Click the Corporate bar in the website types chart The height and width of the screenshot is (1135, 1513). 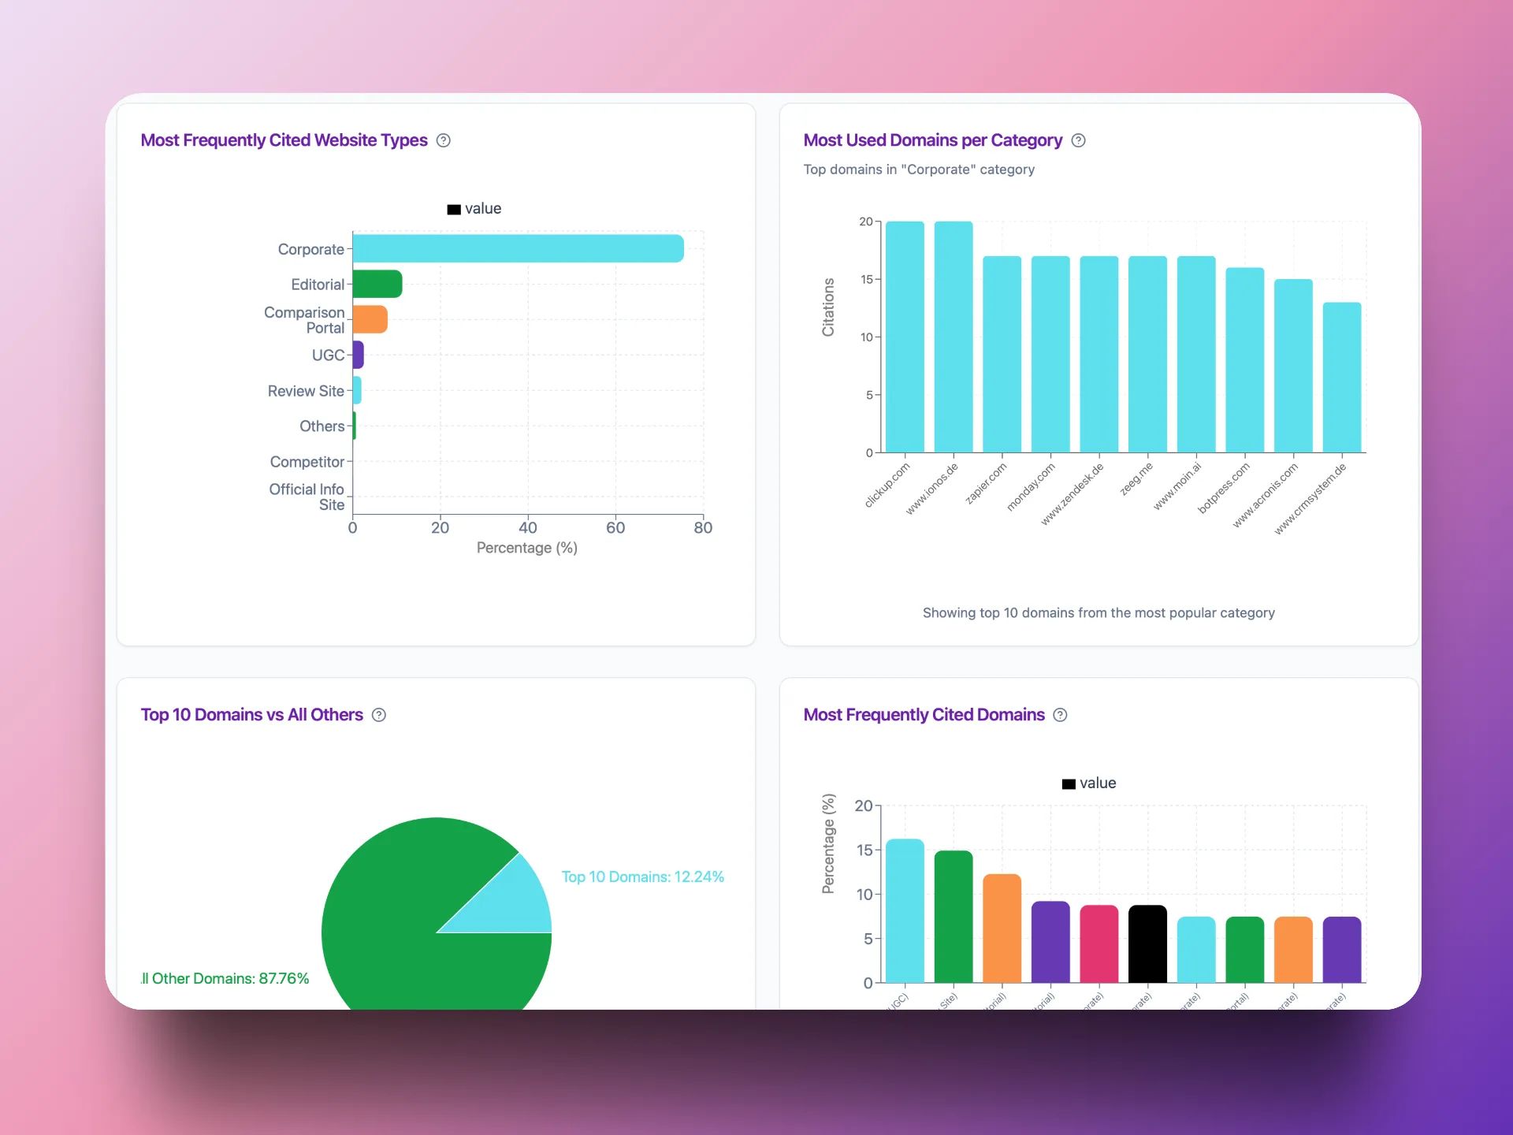pyautogui.click(x=518, y=248)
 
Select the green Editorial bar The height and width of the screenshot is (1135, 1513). pyautogui.click(x=377, y=284)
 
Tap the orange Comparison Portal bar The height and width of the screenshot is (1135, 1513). pyautogui.click(x=370, y=319)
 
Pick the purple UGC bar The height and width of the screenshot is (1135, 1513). pyautogui.click(x=358, y=355)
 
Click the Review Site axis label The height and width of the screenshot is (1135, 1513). pyautogui.click(x=306, y=391)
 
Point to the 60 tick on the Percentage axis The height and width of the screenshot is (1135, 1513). pyautogui.click(x=615, y=527)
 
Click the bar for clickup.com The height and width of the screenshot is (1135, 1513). pyautogui.click(x=905, y=337)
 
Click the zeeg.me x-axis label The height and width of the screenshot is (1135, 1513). pyautogui.click(x=1136, y=478)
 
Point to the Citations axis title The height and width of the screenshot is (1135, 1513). pyautogui.click(x=828, y=307)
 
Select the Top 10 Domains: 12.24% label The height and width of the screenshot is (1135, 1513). pyautogui.click(x=642, y=876)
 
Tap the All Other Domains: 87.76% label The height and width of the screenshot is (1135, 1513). pyautogui.click(x=225, y=978)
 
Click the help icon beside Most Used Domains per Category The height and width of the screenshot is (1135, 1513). pyautogui.click(x=1079, y=140)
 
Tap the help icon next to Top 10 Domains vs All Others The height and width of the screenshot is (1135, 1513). pyautogui.click(x=379, y=715)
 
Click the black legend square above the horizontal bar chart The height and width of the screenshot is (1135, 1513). pyautogui.click(x=454, y=210)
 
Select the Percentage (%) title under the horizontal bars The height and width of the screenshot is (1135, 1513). pyautogui.click(x=526, y=548)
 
